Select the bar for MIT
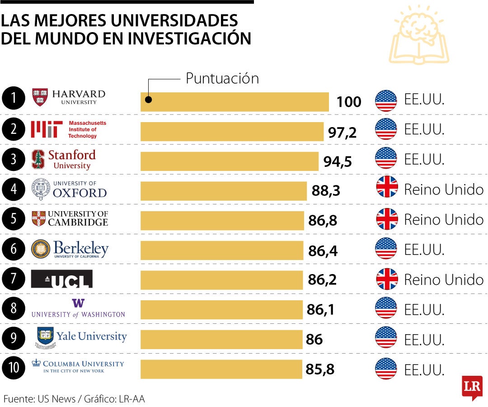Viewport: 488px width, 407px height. click(232, 132)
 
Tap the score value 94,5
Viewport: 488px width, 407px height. click(338, 161)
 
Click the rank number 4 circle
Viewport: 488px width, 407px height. click(13, 189)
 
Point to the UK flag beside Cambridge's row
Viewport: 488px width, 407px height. click(387, 219)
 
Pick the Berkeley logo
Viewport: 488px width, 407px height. click(70, 249)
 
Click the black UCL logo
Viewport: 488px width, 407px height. click(61, 279)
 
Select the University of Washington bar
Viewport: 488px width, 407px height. click(221, 309)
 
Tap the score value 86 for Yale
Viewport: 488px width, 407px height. click(314, 339)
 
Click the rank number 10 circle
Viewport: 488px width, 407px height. click(13, 368)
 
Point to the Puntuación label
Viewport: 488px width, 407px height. click(222, 78)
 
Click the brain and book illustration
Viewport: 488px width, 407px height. click(419, 35)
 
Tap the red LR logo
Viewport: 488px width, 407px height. click(472, 387)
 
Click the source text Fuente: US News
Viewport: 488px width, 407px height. click(40, 399)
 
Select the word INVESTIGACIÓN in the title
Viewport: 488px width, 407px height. click(189, 38)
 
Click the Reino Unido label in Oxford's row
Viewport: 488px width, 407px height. click(443, 189)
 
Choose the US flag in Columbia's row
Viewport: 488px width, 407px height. click(386, 369)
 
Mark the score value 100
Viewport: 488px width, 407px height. click(349, 102)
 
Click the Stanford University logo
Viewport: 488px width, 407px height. click(64, 159)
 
